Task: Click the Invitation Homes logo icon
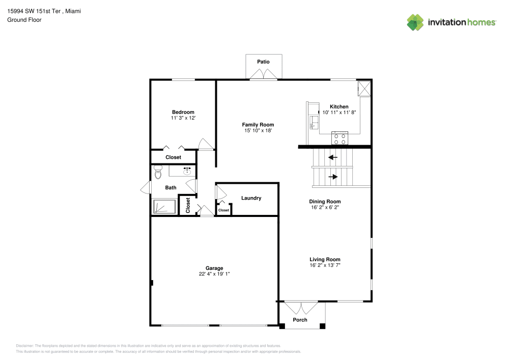(415, 22)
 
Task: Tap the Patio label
(263, 62)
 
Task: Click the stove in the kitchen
(340, 138)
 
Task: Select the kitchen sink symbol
(315, 121)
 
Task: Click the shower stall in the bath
(164, 206)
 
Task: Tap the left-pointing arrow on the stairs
(332, 157)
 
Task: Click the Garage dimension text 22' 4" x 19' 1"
(214, 274)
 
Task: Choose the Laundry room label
(251, 198)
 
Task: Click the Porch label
(300, 320)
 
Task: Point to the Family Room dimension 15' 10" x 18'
(258, 131)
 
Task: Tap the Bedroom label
(183, 112)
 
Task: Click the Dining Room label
(325, 202)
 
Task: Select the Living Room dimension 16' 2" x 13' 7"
(325, 265)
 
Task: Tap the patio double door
(263, 75)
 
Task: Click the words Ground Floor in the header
(24, 20)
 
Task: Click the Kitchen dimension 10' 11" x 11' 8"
(339, 112)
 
